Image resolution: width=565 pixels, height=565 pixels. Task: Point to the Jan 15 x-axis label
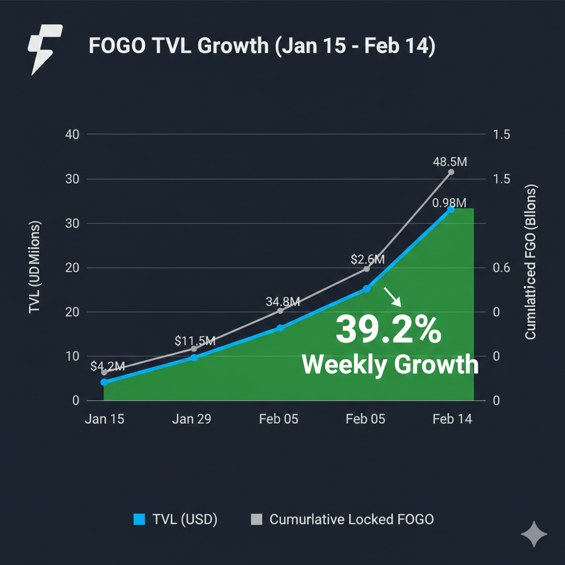click(x=105, y=419)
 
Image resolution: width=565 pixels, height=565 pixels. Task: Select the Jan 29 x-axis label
click(x=191, y=419)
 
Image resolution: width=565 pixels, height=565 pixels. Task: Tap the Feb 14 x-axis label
click(x=452, y=419)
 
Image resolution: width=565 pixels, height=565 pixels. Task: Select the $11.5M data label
click(x=195, y=340)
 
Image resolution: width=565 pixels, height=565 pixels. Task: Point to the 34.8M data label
click(x=282, y=302)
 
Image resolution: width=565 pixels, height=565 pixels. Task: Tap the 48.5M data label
click(x=450, y=162)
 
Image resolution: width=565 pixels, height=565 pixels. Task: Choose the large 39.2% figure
click(x=388, y=329)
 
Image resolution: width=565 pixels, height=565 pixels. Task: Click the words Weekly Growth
click(x=390, y=365)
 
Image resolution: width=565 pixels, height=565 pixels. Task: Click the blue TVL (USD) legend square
click(x=139, y=519)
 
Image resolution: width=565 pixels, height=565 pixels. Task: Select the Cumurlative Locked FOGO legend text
click(x=351, y=519)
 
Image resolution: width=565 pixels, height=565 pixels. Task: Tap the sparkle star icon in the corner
click(x=534, y=535)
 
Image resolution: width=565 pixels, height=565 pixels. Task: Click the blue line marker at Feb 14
click(x=451, y=210)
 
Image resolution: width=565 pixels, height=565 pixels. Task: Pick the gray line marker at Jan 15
click(x=104, y=372)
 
